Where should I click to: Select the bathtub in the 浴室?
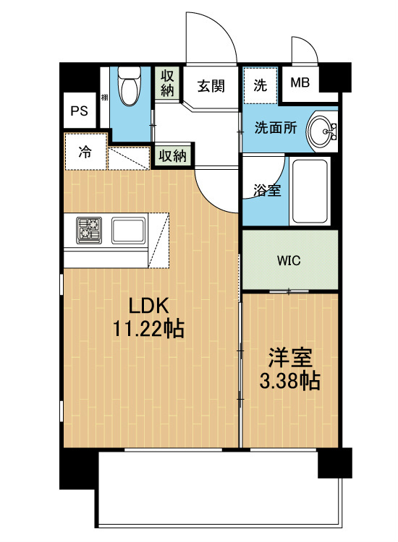309,191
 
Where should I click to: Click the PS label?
80,111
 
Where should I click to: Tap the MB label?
300,82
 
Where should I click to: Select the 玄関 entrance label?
211,85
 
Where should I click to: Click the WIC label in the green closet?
289,260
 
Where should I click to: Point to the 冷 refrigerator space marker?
85,152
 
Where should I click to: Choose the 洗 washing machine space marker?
259,84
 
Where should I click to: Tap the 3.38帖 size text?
291,381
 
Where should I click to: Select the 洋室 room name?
291,357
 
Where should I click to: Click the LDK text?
148,304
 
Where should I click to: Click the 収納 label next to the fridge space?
173,155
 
